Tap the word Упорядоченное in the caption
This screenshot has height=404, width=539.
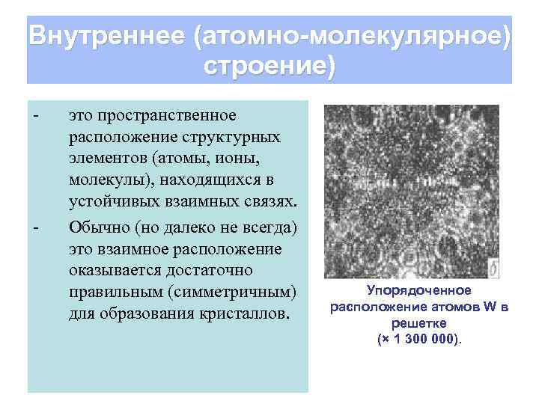(x=418, y=290)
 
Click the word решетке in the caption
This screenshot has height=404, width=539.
(x=418, y=322)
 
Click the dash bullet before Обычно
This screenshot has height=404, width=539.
(x=35, y=226)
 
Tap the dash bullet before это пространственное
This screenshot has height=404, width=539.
(x=35, y=116)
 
